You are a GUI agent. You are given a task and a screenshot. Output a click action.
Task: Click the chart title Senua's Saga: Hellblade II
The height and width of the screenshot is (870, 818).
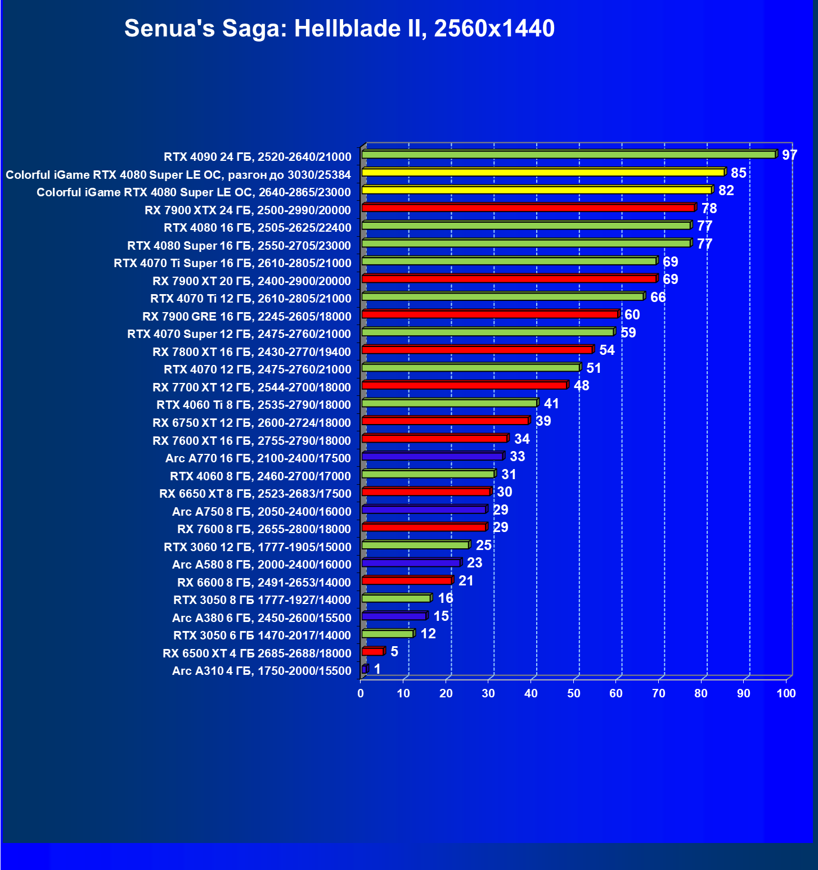pyautogui.click(x=339, y=28)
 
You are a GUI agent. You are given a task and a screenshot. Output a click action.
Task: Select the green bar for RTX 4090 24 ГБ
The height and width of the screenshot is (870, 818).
pyautogui.click(x=568, y=154)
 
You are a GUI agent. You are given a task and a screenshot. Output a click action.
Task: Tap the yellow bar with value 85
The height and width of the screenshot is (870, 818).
pyautogui.click(x=543, y=172)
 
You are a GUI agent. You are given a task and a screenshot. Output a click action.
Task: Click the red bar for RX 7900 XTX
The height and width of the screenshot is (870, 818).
pyautogui.click(x=528, y=208)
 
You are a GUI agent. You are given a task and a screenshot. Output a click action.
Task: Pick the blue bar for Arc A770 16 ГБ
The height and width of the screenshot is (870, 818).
pyautogui.click(x=432, y=456)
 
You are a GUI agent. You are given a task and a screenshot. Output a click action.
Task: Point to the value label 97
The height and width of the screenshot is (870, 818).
pyautogui.click(x=789, y=155)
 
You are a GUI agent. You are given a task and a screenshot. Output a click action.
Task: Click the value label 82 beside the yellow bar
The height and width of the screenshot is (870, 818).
pyautogui.click(x=726, y=190)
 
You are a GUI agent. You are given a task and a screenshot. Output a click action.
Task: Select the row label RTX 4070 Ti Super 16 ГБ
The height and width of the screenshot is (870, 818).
pyautogui.click(x=232, y=263)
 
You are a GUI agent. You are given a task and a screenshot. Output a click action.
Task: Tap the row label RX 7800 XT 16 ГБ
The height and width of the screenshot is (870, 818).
pyautogui.click(x=251, y=352)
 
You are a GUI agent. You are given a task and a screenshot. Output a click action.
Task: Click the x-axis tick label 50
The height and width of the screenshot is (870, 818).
pyautogui.click(x=573, y=693)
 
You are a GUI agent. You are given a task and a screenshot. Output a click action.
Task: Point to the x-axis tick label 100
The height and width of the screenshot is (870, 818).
pyautogui.click(x=786, y=693)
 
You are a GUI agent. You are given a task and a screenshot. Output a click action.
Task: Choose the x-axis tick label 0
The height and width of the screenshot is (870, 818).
pyautogui.click(x=361, y=693)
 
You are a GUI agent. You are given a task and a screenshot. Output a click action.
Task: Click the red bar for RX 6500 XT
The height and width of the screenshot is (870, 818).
pyautogui.click(x=372, y=651)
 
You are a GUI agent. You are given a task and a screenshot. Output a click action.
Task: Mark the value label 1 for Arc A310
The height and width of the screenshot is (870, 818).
pyautogui.click(x=377, y=669)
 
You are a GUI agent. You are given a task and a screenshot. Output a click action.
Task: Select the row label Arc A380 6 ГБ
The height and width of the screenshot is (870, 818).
pyautogui.click(x=262, y=618)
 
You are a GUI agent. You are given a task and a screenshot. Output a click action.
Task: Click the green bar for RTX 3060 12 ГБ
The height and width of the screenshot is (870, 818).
pyautogui.click(x=415, y=545)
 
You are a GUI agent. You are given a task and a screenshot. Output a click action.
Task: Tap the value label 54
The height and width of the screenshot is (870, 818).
pyautogui.click(x=606, y=350)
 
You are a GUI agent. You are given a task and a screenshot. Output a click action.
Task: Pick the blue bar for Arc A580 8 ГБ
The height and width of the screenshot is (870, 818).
pyautogui.click(x=411, y=562)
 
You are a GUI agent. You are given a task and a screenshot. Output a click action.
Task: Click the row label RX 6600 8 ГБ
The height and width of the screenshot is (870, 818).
pyautogui.click(x=264, y=583)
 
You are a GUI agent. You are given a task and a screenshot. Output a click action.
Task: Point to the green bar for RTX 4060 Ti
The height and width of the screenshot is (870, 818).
pyautogui.click(x=449, y=403)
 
